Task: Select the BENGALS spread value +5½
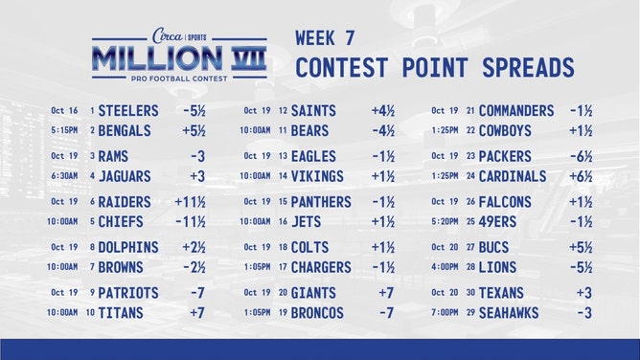pos(194,130)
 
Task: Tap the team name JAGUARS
pos(126,176)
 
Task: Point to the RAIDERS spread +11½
pos(192,202)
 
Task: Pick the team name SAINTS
pos(313,110)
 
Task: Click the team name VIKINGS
pos(318,176)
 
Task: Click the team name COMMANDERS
pos(516,110)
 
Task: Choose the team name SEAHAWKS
pos(509,312)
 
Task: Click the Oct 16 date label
pos(64,111)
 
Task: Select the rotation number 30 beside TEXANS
pos(470,293)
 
